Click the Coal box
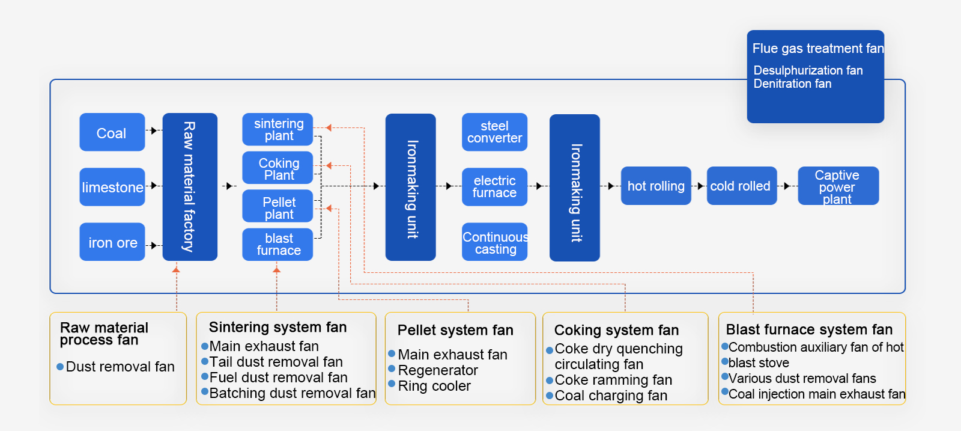pos(112,132)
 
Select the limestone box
pos(112,187)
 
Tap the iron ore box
pos(112,242)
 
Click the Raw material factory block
pos(190,187)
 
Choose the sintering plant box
pos(278,129)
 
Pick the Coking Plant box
pos(278,168)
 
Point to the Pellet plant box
pos(278,207)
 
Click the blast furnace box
pos(278,244)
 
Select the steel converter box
pos(494,132)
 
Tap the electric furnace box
pos(494,186)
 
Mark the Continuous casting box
pos(494,242)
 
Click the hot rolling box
pos(656,186)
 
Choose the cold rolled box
pos(741,186)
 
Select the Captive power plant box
pos(838,186)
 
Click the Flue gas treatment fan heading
pos(817,49)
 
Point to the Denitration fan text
pos(792,84)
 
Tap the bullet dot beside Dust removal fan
pos(60,367)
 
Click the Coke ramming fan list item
pos(613,380)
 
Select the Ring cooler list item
pos(434,386)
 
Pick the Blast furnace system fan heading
pos(809,329)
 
